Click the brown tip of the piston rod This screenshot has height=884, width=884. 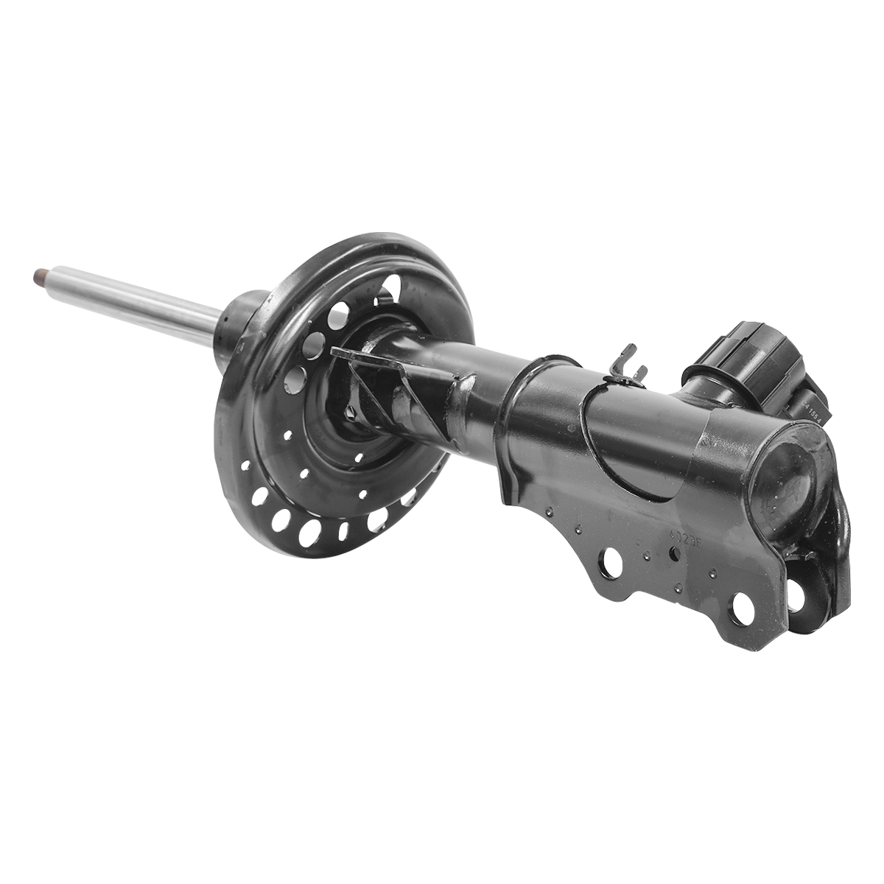tap(39, 278)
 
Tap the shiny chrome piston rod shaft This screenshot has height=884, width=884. tap(133, 301)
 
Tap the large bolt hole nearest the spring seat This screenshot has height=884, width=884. tap(609, 564)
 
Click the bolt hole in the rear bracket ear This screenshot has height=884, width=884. tap(797, 595)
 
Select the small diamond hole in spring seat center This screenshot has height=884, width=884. tap(359, 457)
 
